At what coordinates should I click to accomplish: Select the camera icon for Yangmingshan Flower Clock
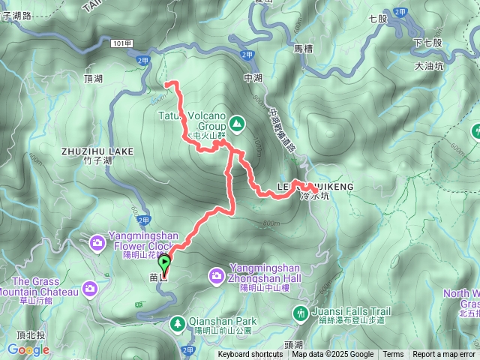[x=97, y=242]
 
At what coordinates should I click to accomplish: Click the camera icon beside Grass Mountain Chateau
[x=90, y=288]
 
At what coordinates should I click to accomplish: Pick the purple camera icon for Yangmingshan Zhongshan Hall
[x=217, y=277]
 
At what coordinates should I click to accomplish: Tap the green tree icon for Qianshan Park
[x=178, y=324]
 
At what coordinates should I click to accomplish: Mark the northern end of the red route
[x=168, y=82]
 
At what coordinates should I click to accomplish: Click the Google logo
[x=28, y=349]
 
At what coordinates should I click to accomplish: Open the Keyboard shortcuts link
[x=250, y=355]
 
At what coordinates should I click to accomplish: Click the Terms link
[x=393, y=355]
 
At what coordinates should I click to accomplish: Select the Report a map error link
[x=444, y=355]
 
